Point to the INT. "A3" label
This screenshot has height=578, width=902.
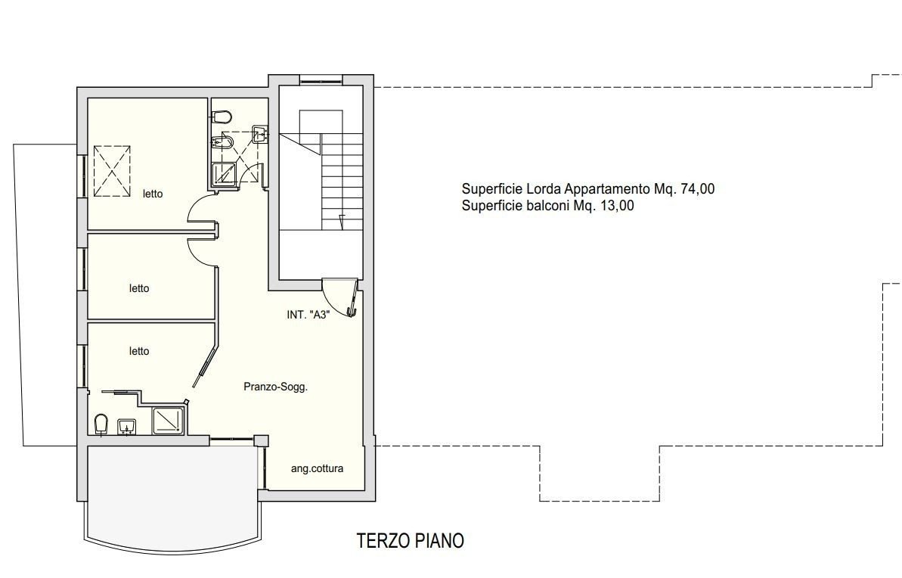point(308,315)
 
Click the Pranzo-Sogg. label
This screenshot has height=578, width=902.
point(275,387)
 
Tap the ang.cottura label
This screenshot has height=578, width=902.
point(317,468)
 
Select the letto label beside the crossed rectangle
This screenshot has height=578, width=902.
point(153,194)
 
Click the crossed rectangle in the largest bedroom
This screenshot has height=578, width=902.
point(112,172)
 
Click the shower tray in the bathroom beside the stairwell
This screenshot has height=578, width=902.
point(225,174)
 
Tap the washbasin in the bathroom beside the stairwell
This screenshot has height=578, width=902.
point(259,134)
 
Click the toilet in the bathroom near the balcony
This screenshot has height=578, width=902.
point(101,424)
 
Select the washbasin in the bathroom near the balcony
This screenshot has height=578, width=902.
point(126,427)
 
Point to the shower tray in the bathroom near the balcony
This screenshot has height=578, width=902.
point(169,420)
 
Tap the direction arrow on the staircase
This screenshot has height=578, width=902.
point(342,222)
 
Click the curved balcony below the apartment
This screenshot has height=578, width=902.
point(171,498)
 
